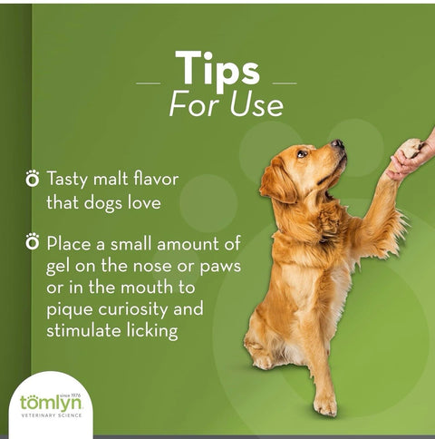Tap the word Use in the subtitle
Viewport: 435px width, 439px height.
(x=256, y=105)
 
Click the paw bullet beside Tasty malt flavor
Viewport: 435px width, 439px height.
(x=33, y=178)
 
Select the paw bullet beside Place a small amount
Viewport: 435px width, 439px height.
(x=33, y=241)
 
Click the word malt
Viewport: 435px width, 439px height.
(x=111, y=179)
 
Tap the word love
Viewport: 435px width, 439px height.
(x=144, y=202)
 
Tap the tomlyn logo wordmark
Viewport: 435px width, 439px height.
(x=51, y=403)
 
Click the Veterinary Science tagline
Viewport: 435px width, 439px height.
(x=52, y=415)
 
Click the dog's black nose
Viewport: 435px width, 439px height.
(x=337, y=143)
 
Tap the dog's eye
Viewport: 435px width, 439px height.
(x=302, y=153)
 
